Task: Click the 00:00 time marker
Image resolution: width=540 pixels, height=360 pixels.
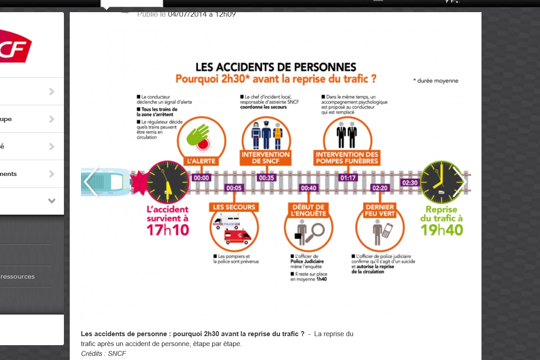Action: [201, 178]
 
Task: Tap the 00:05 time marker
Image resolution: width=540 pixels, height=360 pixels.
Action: [234, 188]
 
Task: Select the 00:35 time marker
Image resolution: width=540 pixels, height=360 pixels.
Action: [266, 178]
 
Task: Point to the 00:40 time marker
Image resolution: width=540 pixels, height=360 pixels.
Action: [309, 188]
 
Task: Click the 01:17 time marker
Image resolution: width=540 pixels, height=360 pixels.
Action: [348, 178]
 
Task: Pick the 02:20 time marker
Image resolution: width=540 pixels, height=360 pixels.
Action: [380, 188]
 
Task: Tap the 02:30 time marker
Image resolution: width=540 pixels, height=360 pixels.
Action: [410, 182]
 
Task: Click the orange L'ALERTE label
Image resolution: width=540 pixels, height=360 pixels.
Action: [201, 161]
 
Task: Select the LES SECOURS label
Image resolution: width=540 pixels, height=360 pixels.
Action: [234, 207]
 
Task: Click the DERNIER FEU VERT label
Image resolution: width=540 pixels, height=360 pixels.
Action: [380, 210]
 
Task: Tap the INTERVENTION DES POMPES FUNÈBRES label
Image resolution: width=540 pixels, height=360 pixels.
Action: [347, 157]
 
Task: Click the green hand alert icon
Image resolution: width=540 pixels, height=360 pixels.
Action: [198, 134]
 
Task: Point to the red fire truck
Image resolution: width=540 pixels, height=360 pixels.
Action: [238, 236]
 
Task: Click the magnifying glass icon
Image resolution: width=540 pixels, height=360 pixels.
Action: [316, 230]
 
